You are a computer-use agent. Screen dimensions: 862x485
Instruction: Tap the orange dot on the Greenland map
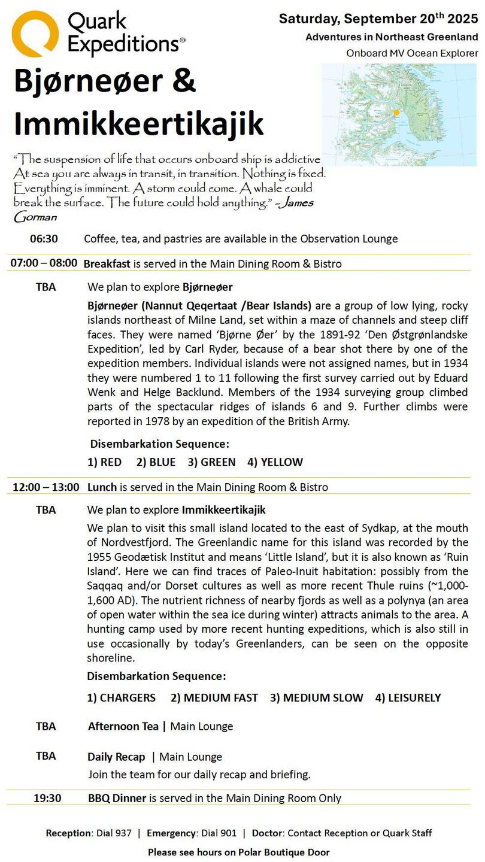(396, 112)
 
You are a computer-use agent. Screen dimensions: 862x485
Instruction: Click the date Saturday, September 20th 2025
(378, 19)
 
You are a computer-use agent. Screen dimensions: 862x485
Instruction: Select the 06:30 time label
(44, 239)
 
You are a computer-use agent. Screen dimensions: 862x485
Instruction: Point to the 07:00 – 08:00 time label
(44, 263)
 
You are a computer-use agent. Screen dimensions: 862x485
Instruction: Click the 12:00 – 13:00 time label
(46, 487)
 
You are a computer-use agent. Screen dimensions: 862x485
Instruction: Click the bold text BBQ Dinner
(117, 798)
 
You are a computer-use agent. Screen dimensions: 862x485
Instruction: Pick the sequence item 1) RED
(104, 462)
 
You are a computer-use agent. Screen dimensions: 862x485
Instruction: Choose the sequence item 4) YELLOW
(275, 462)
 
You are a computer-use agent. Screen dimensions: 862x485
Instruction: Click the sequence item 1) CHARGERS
(122, 697)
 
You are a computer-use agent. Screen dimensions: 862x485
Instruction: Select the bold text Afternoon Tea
(123, 727)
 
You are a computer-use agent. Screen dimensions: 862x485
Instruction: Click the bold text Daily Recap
(116, 757)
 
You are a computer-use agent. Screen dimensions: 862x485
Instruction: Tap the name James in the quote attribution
(296, 203)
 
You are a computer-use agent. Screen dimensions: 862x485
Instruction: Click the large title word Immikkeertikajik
(139, 124)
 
